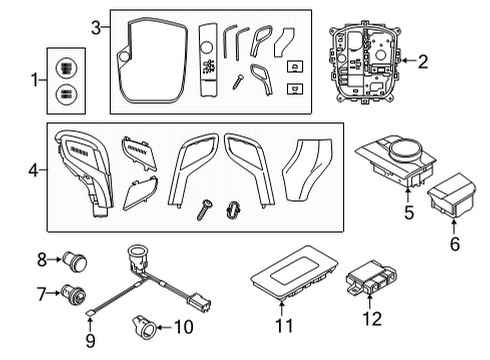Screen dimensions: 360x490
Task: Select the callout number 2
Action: click(x=422, y=62)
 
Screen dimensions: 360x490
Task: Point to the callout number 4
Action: click(x=33, y=171)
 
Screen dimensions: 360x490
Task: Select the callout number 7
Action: click(x=41, y=293)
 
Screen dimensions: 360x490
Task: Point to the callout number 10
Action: click(x=183, y=326)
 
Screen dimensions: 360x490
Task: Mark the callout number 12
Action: click(x=372, y=318)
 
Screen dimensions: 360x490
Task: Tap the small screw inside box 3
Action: click(x=238, y=79)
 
